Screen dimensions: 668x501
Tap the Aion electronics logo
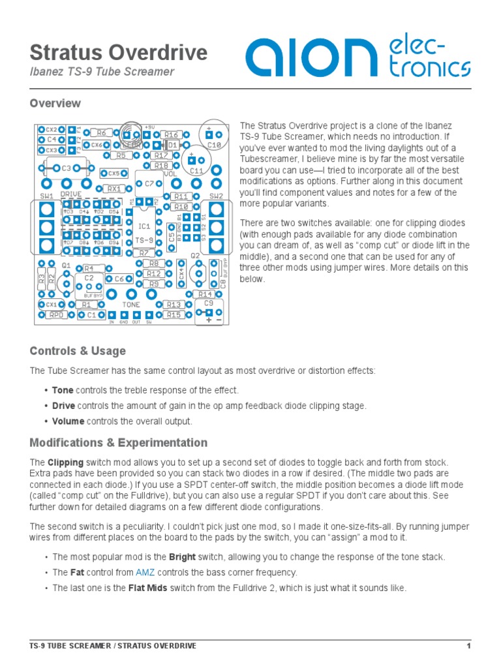357,57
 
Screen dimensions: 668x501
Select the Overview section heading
55,103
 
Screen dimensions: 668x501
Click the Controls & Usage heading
78,351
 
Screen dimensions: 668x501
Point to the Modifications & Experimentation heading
119,443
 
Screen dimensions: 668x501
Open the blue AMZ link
145,573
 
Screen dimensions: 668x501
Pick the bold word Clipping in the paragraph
65,463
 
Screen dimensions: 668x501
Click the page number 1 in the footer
468,646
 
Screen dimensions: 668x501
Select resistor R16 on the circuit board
172,134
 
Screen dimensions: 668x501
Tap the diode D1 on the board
173,145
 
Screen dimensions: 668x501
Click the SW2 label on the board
216,196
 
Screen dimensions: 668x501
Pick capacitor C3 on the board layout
67,168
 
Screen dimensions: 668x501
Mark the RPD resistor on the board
57,315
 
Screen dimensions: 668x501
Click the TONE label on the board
131,305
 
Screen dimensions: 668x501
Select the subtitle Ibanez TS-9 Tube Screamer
102,72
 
